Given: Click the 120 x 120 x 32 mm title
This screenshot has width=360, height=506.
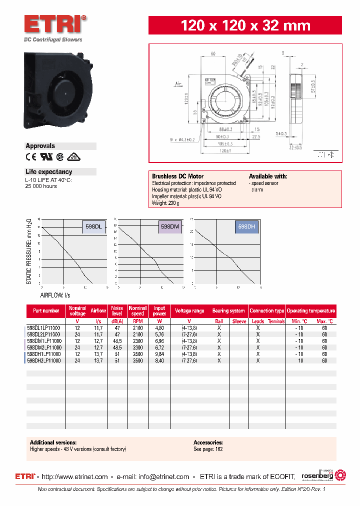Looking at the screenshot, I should click(245, 25).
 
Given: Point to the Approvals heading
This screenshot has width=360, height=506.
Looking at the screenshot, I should click(40, 146).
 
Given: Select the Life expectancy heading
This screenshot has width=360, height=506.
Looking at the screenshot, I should click(48, 171).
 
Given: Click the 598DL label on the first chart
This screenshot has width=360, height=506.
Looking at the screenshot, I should click(93, 227).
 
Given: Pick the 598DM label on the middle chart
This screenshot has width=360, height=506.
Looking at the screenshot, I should click(170, 227).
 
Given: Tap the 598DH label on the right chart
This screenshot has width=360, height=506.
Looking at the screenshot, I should click(246, 227).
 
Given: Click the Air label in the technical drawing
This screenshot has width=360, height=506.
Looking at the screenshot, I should click(179, 84).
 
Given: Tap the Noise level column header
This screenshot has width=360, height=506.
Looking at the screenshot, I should click(117, 310).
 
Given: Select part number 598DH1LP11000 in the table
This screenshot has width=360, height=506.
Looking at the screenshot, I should click(44, 353).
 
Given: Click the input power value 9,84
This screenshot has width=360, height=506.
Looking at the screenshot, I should click(159, 353).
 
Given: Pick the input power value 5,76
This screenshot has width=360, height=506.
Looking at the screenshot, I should click(159, 334).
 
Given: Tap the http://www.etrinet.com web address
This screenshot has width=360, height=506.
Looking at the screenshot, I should click(74, 476).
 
